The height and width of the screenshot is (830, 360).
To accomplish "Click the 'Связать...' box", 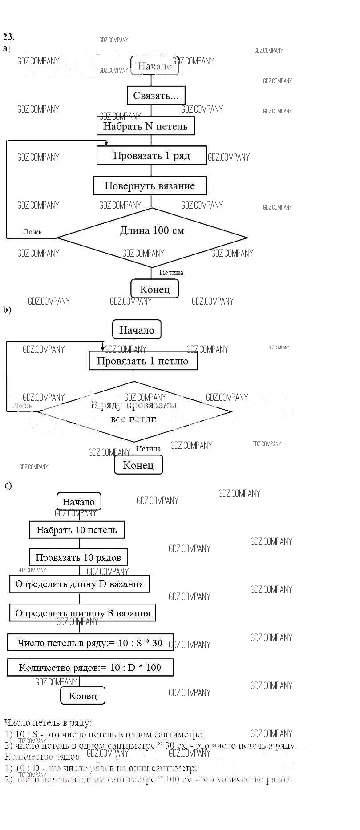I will (x=155, y=96).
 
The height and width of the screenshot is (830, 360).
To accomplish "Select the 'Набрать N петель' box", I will (x=146, y=126).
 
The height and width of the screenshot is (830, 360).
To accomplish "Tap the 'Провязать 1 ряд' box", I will (x=151, y=156).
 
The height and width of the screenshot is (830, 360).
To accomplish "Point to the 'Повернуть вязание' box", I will (x=150, y=186).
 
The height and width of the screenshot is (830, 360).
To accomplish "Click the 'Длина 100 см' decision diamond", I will (x=152, y=237).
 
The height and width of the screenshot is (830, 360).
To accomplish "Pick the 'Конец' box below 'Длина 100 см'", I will (x=155, y=289).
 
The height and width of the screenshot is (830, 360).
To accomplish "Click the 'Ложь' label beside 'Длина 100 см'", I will (x=32, y=232).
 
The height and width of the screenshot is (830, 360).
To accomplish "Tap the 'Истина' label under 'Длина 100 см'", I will (x=171, y=272).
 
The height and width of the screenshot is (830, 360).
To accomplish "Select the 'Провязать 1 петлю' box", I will (x=142, y=361).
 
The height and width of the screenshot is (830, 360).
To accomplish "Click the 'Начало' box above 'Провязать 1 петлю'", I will (x=137, y=330).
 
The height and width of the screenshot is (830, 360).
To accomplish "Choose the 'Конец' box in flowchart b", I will (x=138, y=465).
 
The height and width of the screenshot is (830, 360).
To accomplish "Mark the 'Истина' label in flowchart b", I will (x=148, y=449).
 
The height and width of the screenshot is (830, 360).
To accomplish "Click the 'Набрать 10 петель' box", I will (x=77, y=530).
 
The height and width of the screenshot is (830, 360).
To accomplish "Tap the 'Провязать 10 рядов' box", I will (x=78, y=558).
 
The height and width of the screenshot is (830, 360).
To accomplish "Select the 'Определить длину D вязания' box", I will (x=79, y=584).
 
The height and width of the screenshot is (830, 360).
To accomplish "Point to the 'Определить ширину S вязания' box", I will (x=83, y=613).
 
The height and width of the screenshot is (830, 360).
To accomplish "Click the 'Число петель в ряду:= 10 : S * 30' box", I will (x=90, y=643).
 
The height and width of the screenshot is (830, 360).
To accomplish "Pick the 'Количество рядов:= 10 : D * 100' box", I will (x=90, y=667).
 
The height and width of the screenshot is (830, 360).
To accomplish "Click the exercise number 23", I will (x=8, y=36).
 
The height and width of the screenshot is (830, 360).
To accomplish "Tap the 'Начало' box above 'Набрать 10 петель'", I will (x=79, y=502).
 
